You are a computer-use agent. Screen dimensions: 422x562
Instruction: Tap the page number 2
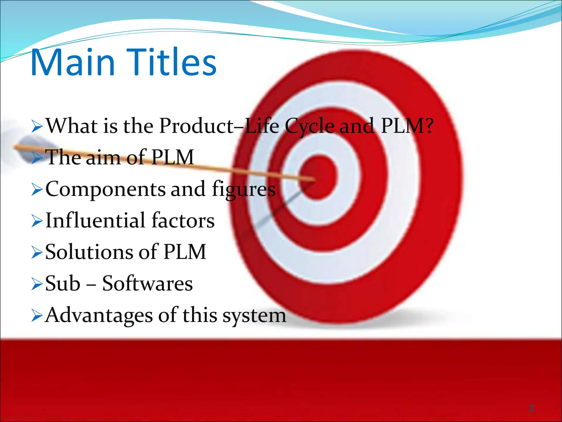(531, 408)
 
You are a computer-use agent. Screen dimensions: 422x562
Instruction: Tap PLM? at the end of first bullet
(407, 126)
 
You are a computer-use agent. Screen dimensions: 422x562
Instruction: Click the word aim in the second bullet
(103, 158)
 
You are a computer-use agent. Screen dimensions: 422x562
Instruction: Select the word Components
(105, 190)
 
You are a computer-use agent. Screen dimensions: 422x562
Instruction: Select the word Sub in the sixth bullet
(63, 284)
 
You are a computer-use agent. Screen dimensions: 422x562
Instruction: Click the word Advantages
(99, 315)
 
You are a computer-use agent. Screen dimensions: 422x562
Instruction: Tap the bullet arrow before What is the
(37, 127)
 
